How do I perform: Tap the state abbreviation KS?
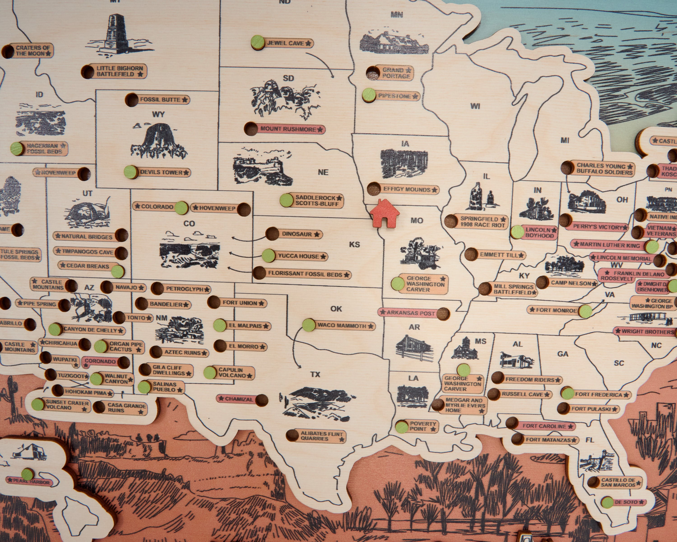coord(354,244)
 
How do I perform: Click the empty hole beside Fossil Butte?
coord(132,100)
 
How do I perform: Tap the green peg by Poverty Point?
coord(401,426)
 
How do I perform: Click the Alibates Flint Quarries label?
coord(322,436)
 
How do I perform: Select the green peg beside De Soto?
coord(607,502)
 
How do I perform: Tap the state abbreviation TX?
coord(315,374)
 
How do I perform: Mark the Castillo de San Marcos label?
coord(618,482)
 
